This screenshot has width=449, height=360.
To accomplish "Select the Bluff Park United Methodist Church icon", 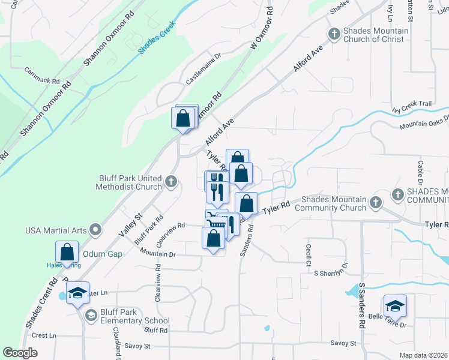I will (x=172, y=181).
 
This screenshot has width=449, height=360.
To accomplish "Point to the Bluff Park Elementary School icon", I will (x=91, y=316).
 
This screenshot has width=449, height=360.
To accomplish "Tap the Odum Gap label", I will (x=102, y=254).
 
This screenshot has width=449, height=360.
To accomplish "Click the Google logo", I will (x=20, y=353).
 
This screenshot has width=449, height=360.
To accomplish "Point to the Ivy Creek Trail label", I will (x=412, y=104).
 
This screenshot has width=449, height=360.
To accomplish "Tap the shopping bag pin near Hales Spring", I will (x=67, y=252).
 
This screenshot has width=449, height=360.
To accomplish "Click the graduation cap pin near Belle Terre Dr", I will (x=395, y=306).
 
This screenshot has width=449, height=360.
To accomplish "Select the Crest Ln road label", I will (x=44, y=335).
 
